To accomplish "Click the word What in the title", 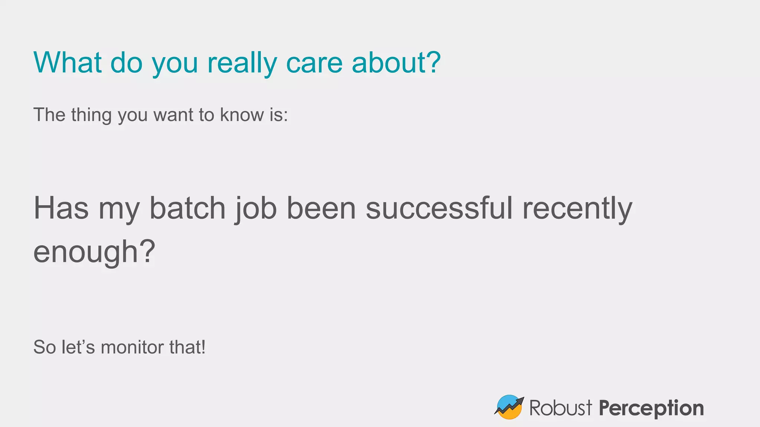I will pyautogui.click(x=68, y=63).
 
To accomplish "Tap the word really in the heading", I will pyautogui.click(x=242, y=63).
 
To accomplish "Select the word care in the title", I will pyautogui.click(x=314, y=63).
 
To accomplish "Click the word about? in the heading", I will pyautogui.click(x=396, y=63).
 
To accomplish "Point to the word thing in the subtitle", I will pyautogui.click(x=91, y=115).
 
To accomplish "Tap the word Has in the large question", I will pyautogui.click(x=61, y=208).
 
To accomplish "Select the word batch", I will pyautogui.click(x=187, y=208).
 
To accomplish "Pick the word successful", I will pyautogui.click(x=439, y=208).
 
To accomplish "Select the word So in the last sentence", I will pyautogui.click(x=45, y=348).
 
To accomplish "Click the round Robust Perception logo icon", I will pyautogui.click(x=509, y=407).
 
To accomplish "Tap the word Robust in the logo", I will pyautogui.click(x=560, y=408).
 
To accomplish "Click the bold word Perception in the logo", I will pyautogui.click(x=651, y=408).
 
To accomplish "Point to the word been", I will pyautogui.click(x=321, y=208).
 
